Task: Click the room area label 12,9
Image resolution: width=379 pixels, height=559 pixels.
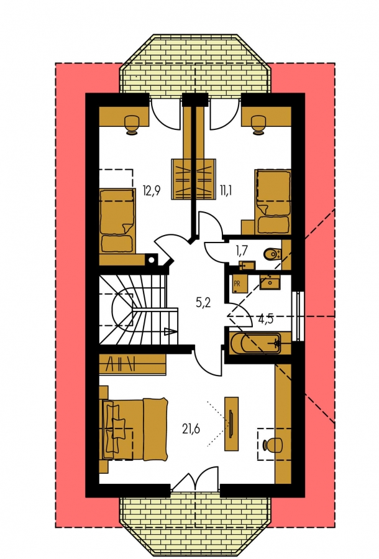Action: pyautogui.click(x=152, y=191)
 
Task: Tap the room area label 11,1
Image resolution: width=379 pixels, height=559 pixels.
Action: pyautogui.click(x=226, y=191)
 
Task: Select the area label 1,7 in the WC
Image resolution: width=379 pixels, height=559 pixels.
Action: pyautogui.click(x=242, y=251)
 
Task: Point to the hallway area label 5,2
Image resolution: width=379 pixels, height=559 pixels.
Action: pyautogui.click(x=203, y=303)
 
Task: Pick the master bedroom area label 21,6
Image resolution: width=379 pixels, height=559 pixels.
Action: pyautogui.click(x=191, y=429)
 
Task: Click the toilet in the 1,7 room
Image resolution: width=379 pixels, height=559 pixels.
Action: pyautogui.click(x=273, y=254)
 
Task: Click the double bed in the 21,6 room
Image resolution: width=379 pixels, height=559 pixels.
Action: pyautogui.click(x=135, y=429)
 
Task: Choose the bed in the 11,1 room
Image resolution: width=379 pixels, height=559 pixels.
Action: pyautogui.click(x=273, y=202)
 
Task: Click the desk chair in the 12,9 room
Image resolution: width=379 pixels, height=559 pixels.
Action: pyautogui.click(x=132, y=124)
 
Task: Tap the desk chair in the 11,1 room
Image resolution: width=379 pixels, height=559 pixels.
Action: pyautogui.click(x=258, y=124)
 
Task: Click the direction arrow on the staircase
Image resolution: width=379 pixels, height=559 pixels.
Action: pyautogui.click(x=170, y=332)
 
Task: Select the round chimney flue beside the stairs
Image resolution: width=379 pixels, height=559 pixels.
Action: pyautogui.click(x=152, y=260)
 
